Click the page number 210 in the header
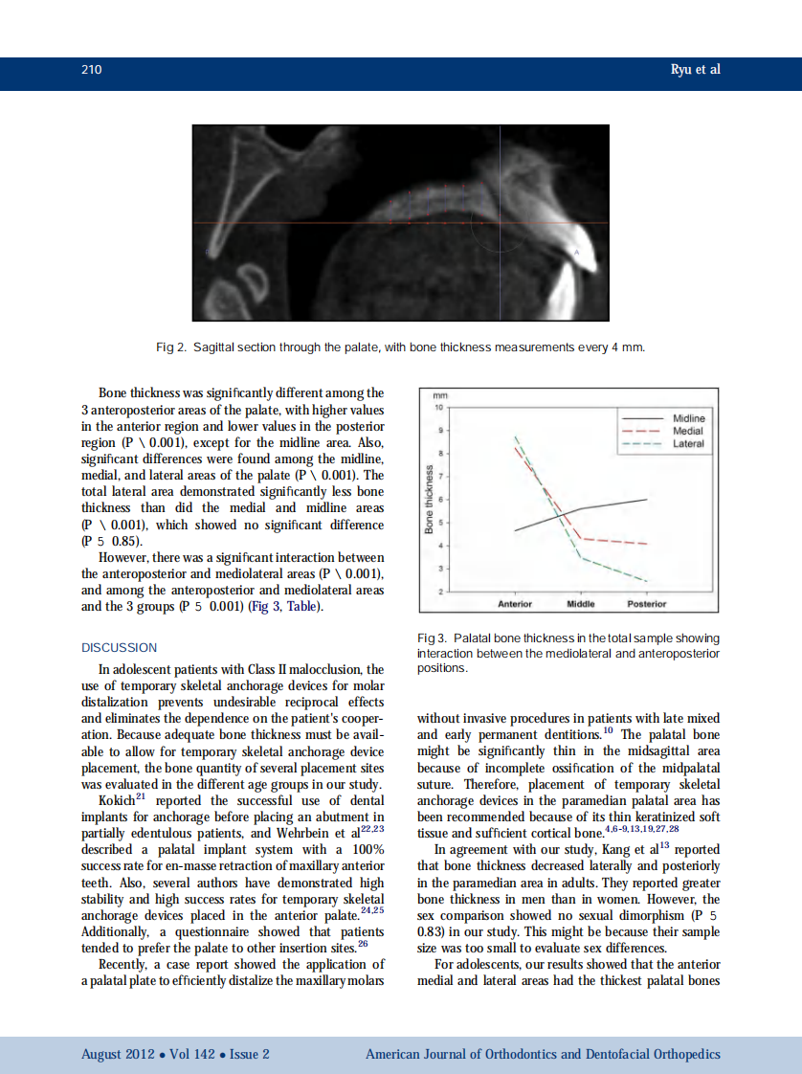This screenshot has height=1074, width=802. (x=92, y=71)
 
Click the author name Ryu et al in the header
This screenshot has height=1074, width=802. (x=694, y=71)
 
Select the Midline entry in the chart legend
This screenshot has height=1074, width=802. (x=689, y=419)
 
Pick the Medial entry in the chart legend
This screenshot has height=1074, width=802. (x=688, y=432)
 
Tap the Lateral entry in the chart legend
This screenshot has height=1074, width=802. (x=688, y=444)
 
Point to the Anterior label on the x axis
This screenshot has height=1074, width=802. (x=515, y=604)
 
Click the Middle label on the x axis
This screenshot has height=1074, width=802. (x=581, y=604)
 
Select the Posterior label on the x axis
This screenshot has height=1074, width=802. (x=647, y=604)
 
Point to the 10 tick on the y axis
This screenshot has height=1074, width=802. (x=439, y=407)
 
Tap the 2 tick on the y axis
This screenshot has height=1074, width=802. (x=440, y=592)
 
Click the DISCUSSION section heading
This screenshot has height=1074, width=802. (x=120, y=648)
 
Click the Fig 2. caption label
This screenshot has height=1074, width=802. (x=172, y=347)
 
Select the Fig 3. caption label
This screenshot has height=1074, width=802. (x=434, y=638)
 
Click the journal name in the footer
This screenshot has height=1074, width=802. (x=543, y=1054)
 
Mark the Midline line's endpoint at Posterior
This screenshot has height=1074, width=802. (x=648, y=500)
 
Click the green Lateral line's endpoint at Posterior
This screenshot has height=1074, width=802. (x=648, y=581)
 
